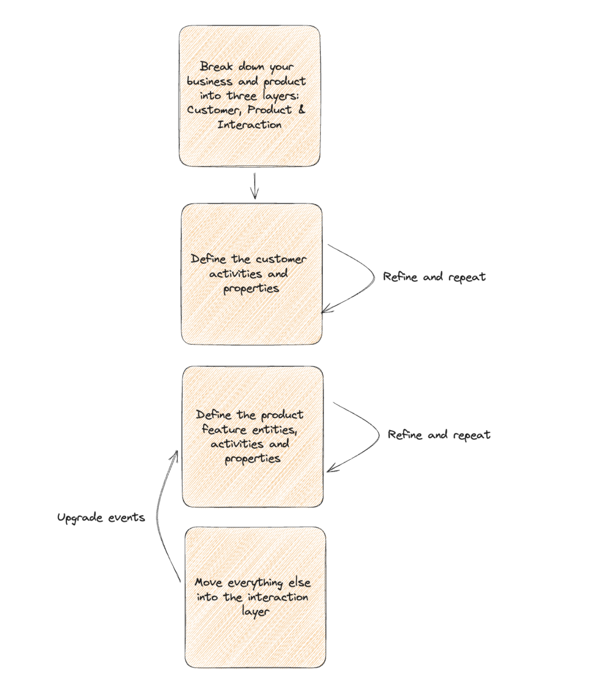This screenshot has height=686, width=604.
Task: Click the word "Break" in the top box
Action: (216, 66)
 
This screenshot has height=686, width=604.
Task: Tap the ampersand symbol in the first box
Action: (302, 109)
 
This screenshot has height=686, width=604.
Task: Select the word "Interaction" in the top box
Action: (249, 125)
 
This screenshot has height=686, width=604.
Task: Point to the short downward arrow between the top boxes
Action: (254, 186)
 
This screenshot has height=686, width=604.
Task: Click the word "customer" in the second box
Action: (281, 259)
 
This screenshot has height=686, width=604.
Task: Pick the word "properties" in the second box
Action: (251, 289)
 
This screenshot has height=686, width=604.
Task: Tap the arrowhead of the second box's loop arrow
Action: (325, 310)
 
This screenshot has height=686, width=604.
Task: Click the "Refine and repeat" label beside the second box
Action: (434, 277)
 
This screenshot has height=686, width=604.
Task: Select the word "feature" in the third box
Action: (224, 429)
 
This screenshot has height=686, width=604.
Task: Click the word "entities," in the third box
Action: (275, 430)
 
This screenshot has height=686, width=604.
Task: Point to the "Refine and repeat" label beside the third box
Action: (439, 435)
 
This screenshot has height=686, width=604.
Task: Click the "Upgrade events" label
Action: (101, 518)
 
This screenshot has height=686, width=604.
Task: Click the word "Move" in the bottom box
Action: (208, 582)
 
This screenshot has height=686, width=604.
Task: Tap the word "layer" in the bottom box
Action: (255, 612)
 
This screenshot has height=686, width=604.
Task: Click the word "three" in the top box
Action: (241, 96)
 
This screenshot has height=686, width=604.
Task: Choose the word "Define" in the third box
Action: (214, 415)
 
